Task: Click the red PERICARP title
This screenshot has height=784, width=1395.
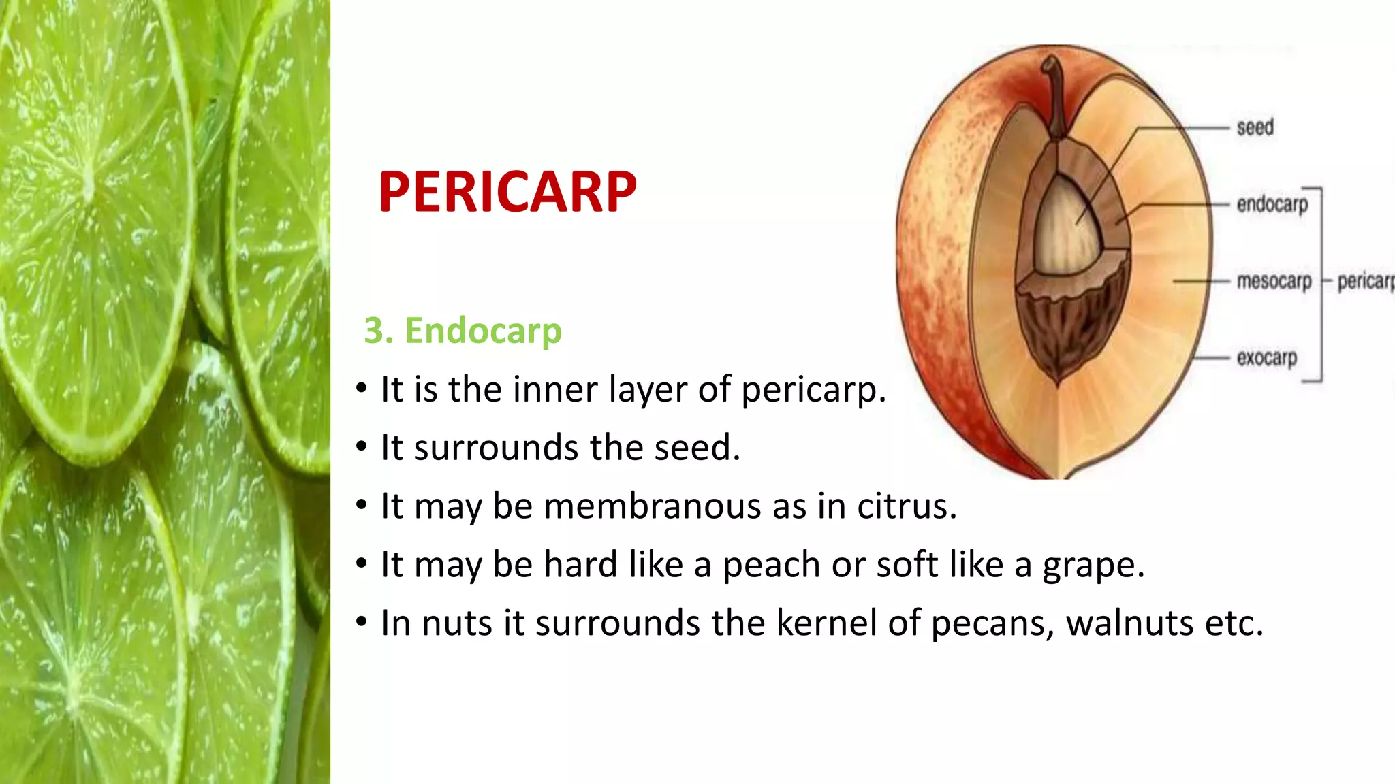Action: point(507,192)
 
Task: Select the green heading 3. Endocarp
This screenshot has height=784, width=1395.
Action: point(463,331)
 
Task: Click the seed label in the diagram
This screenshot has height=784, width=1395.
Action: point(1255,127)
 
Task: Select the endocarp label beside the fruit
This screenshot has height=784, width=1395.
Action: point(1272,204)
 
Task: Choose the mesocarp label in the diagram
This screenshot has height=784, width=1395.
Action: point(1274,280)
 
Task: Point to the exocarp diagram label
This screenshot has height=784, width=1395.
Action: point(1266,357)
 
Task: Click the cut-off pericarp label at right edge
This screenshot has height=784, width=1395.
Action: point(1365,281)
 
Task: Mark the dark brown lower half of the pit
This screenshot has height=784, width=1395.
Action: point(1066,327)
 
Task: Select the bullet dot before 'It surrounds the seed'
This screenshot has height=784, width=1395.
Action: point(362,448)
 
